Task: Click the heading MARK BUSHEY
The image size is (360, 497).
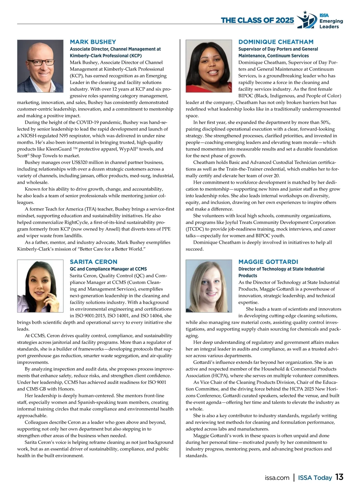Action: [93, 42]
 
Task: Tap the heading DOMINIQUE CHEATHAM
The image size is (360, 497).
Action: [276, 42]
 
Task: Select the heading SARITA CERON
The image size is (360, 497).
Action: [93, 262]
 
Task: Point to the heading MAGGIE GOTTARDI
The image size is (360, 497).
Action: [268, 262]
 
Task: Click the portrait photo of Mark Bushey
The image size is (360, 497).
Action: [40, 66]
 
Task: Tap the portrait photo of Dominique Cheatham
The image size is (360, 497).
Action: [209, 66]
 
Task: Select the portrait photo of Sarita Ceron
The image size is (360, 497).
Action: [40, 286]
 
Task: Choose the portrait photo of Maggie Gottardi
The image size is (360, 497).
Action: [209, 286]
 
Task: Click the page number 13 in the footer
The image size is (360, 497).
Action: [339, 477]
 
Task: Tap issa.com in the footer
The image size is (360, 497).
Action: [277, 478]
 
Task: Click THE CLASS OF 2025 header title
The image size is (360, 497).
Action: [257, 20]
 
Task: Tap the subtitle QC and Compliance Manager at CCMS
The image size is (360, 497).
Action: [108, 269]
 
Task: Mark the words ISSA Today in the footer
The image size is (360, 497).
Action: [315, 478]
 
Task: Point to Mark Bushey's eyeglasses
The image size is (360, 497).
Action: [40, 63]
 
